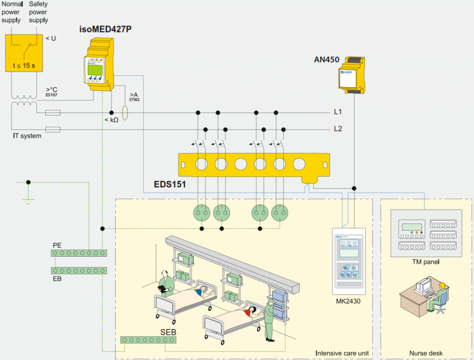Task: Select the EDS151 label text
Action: point(170,185)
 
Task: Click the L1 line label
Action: point(338,112)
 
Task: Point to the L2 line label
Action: point(338,129)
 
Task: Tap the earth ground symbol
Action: point(28,200)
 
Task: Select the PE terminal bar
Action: point(79,253)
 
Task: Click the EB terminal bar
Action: point(79,270)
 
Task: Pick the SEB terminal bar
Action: point(149,340)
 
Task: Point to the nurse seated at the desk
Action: point(439,297)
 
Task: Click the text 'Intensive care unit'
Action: point(342,354)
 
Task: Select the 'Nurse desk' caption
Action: point(426,354)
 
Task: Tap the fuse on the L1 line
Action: point(53,112)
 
